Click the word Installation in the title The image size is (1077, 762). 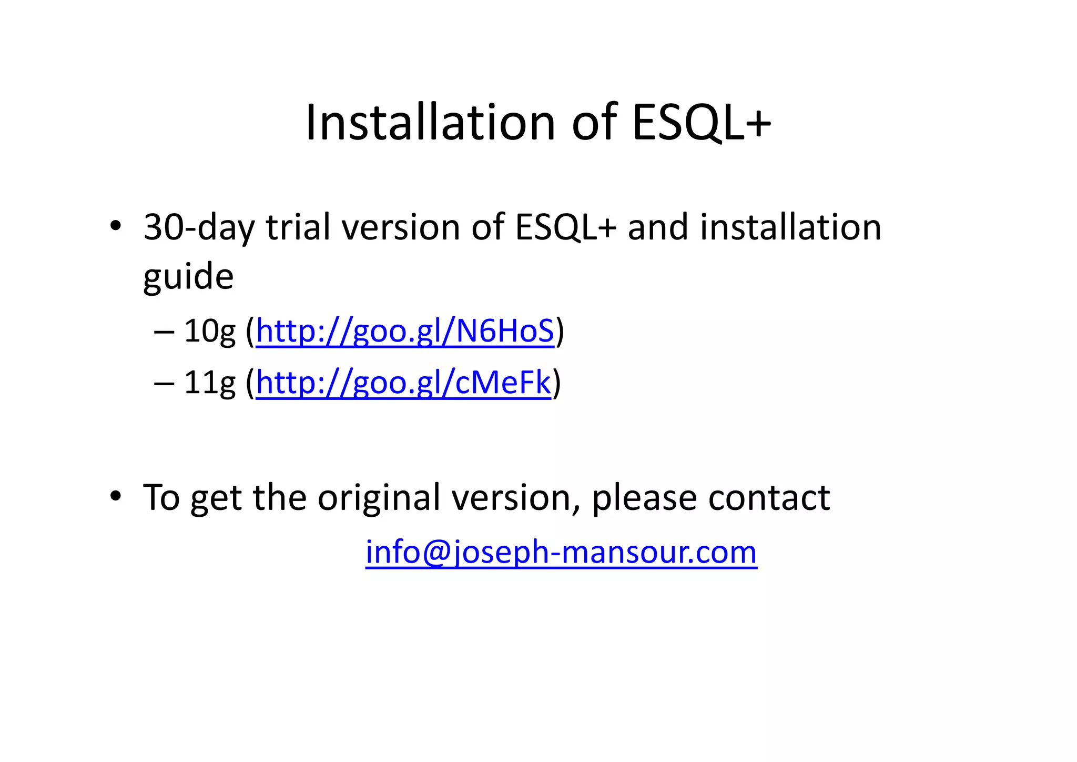click(430, 123)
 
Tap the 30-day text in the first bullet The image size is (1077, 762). click(199, 228)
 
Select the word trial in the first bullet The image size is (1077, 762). click(299, 228)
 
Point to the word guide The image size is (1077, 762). click(188, 277)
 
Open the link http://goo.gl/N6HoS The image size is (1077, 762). click(404, 332)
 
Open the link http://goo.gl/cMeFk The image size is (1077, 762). click(403, 383)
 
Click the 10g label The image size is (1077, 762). click(209, 332)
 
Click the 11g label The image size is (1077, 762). click(209, 383)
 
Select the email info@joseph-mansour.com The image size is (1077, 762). click(561, 553)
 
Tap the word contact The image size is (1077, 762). click(768, 497)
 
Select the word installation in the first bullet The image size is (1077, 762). click(790, 228)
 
